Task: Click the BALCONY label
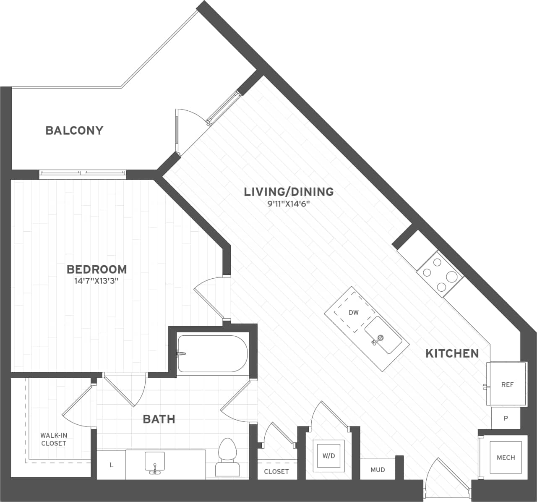tap(74, 131)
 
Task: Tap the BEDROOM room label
tap(97, 269)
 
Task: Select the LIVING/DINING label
tap(289, 192)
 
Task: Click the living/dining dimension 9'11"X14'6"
tap(289, 204)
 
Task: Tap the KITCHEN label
tap(452, 353)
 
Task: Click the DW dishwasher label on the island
tap(353, 313)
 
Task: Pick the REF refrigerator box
tap(507, 384)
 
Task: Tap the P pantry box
tap(506, 418)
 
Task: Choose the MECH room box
tap(506, 458)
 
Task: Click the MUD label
tap(378, 470)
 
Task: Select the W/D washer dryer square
tap(329, 456)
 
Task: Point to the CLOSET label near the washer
tap(276, 471)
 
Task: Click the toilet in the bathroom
tap(227, 458)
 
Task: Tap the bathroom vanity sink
tap(155, 462)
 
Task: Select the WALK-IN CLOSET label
tap(53, 439)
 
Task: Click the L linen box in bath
tap(111, 465)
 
